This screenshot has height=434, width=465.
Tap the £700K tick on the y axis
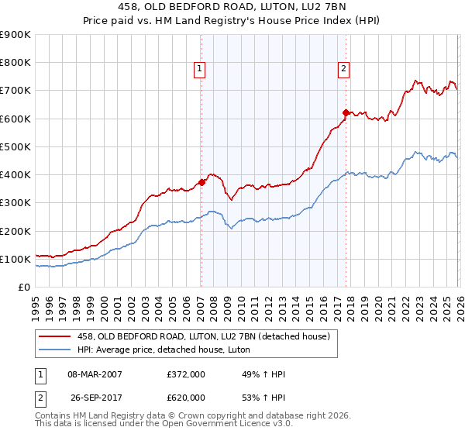[15, 91]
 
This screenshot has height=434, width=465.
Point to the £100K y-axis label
[15, 259]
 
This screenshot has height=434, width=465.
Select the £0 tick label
[22, 288]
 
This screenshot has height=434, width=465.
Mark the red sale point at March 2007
[201, 183]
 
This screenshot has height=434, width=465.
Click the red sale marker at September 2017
[346, 113]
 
